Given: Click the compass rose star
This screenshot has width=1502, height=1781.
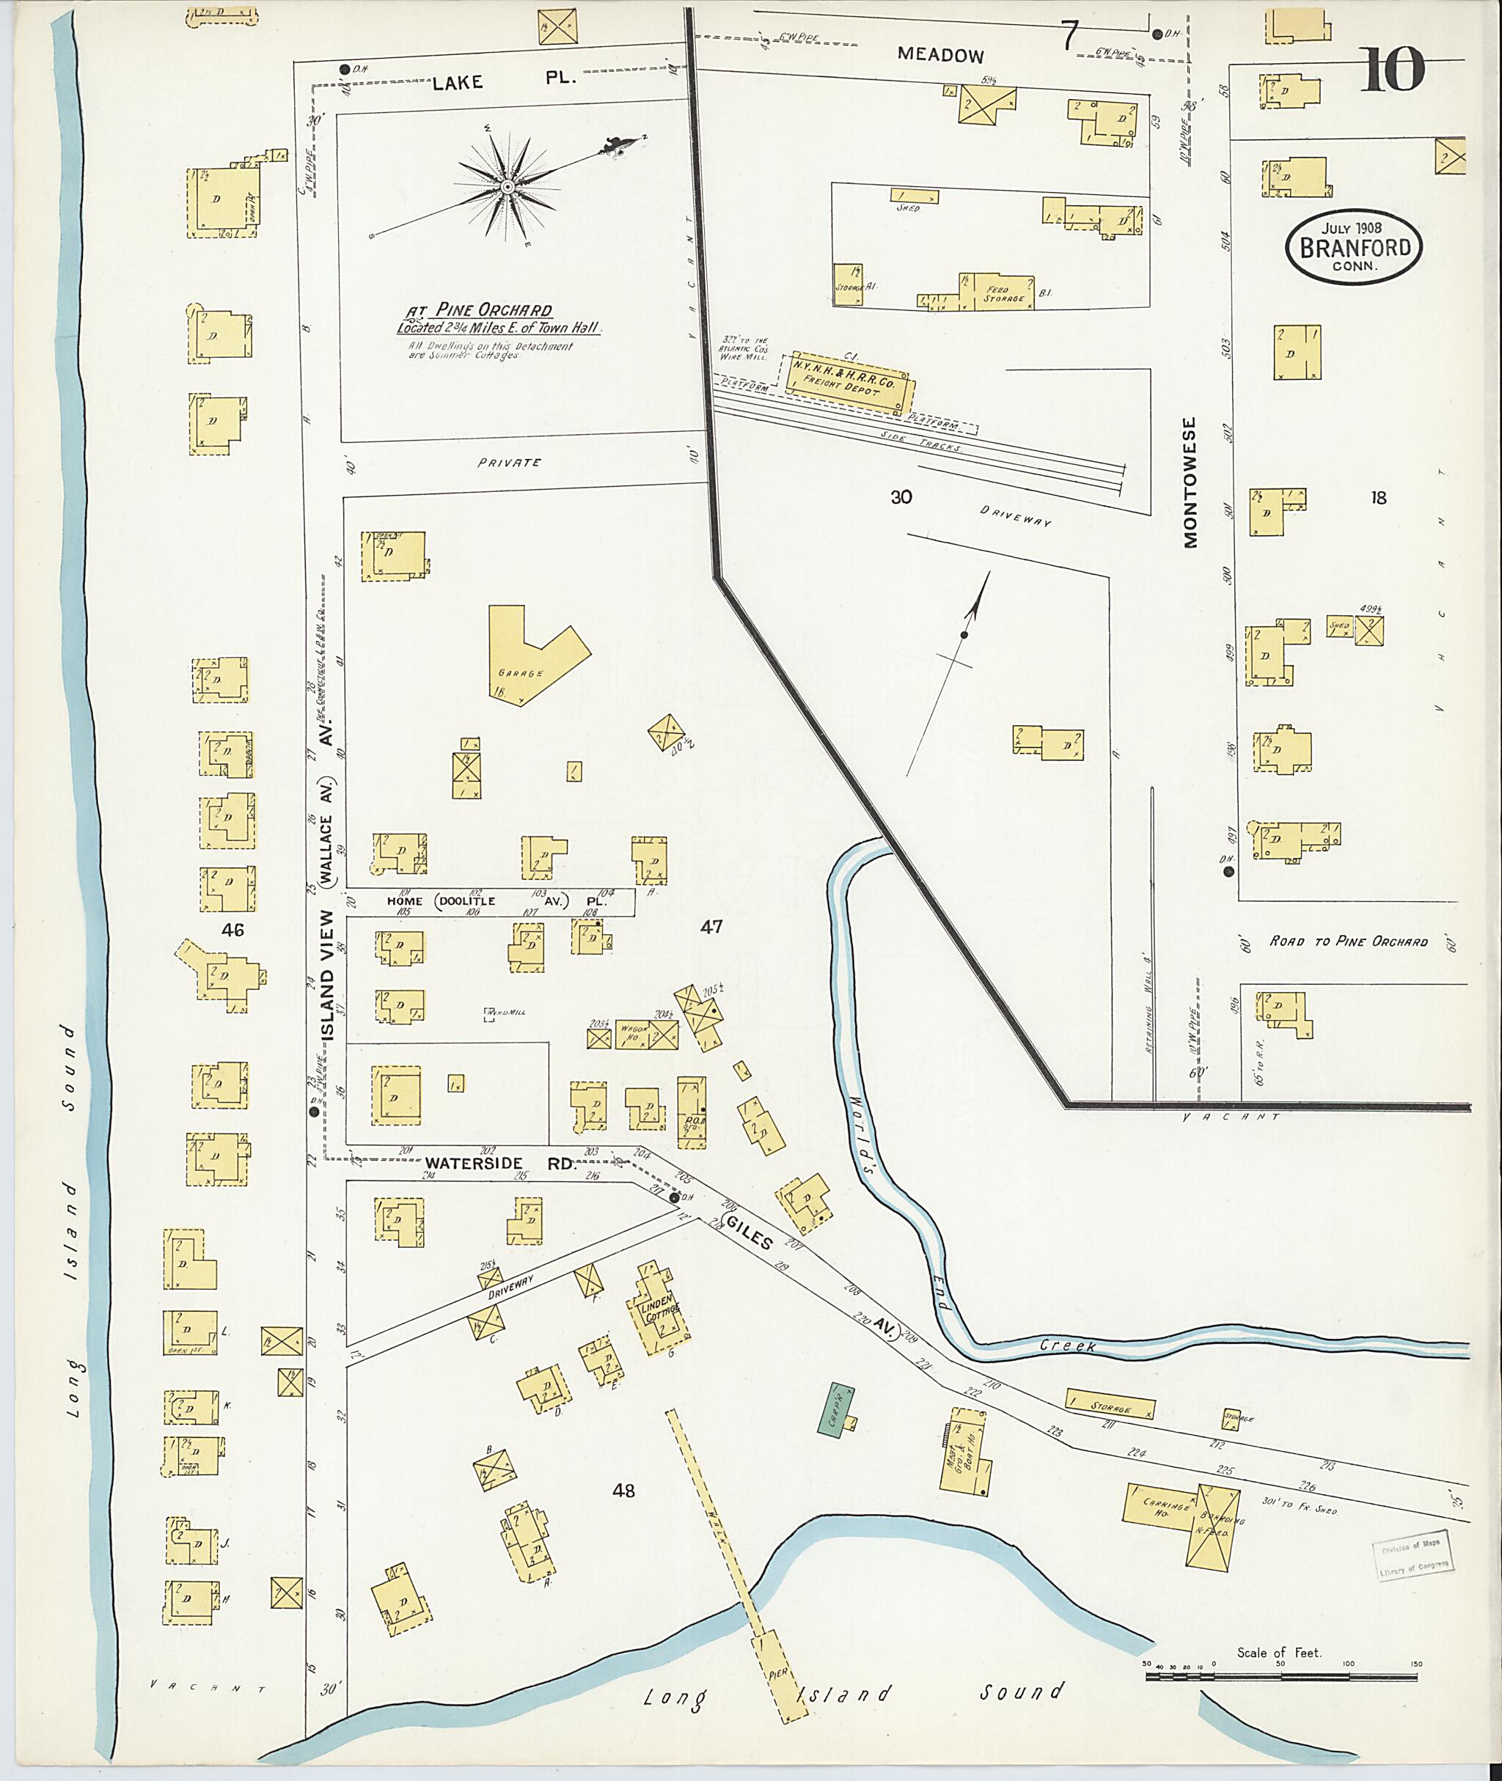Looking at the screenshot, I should click(x=508, y=186).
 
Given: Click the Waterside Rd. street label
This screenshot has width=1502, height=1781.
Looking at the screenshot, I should click(x=501, y=1163).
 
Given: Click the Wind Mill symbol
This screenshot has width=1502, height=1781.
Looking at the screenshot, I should click(x=491, y=1014).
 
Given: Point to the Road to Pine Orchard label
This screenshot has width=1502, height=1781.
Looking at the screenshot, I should click(x=1348, y=941).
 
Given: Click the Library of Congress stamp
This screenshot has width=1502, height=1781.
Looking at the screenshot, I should click(x=1414, y=1560).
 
